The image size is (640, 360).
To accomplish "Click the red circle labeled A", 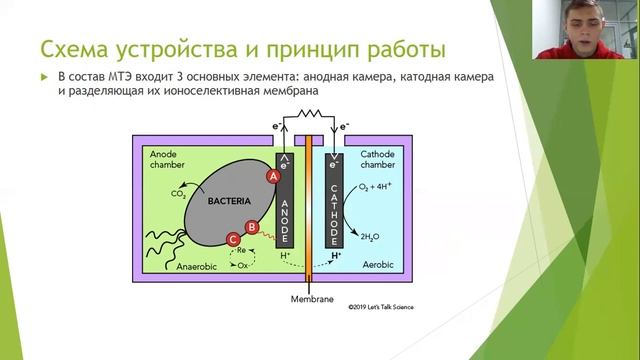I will [x=271, y=176].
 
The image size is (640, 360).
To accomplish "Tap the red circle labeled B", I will [x=253, y=227].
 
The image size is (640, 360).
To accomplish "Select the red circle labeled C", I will [x=233, y=239].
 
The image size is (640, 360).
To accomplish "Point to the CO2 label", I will [x=179, y=194].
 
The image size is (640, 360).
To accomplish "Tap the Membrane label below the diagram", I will [x=310, y=299].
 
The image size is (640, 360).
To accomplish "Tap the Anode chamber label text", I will [x=168, y=160].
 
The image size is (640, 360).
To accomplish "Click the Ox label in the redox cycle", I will [x=242, y=265].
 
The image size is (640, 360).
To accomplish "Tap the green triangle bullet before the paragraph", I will [x=43, y=78].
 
